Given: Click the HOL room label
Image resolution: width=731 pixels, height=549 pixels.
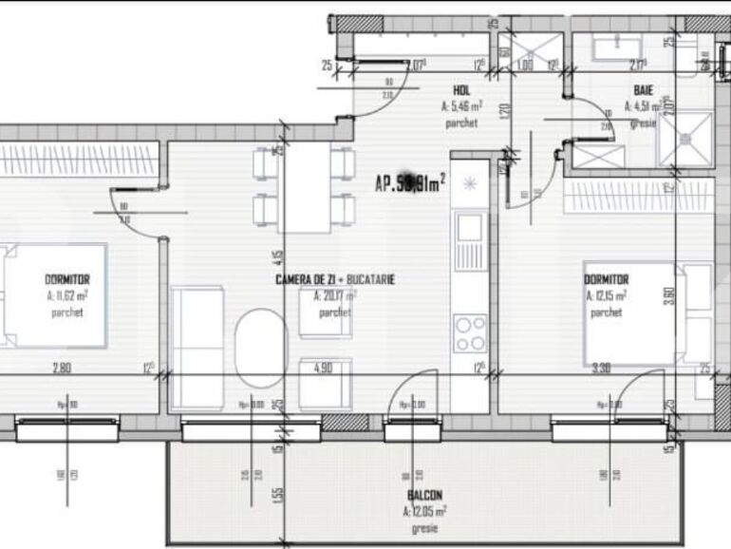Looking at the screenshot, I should tap(462, 91).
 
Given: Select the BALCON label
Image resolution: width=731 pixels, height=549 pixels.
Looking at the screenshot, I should tap(426, 496).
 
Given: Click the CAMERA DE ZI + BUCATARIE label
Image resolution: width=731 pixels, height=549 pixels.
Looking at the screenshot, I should tap(334, 279).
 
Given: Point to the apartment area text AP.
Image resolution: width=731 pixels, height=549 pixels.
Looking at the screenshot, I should tap(409, 185).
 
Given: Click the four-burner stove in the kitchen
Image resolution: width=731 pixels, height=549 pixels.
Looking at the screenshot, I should tap(469, 331).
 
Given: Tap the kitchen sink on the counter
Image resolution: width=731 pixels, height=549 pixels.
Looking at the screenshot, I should tap(469, 229).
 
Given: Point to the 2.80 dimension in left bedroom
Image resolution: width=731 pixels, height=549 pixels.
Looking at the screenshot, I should tap(63, 369).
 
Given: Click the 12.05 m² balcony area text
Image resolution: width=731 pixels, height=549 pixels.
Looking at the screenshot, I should tap(424, 512).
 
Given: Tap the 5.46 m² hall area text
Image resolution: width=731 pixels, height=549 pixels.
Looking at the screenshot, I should tap(463, 107).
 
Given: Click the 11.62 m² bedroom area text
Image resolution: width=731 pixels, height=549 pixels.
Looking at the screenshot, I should tap(66, 295).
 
